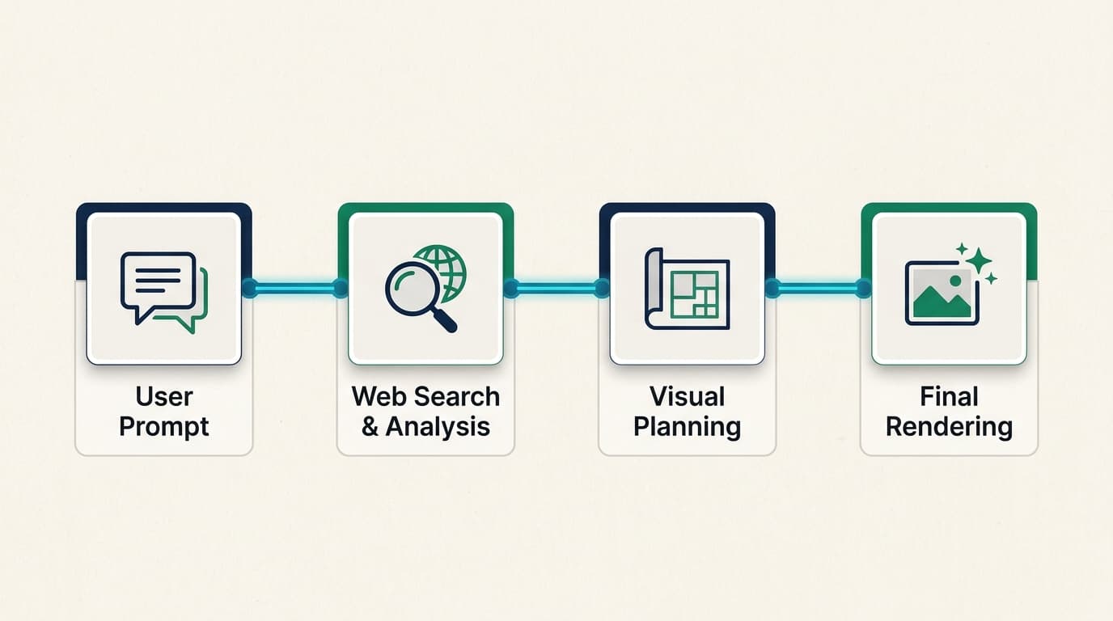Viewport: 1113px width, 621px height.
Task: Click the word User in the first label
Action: tap(164, 396)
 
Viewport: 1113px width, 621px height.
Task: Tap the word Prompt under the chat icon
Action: tap(164, 427)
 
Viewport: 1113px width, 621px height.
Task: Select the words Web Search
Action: tap(425, 396)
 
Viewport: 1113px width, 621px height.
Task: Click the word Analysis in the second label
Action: tap(438, 427)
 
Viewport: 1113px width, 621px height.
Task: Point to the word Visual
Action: tap(688, 396)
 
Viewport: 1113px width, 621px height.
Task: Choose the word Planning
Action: tap(688, 427)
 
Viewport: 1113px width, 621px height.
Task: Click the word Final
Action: tap(949, 396)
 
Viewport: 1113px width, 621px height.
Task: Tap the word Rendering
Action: tap(949, 427)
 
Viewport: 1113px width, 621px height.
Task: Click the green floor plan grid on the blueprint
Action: tap(694, 294)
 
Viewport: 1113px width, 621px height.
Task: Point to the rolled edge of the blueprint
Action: tap(654, 288)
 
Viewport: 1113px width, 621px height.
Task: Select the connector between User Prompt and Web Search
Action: tap(295, 288)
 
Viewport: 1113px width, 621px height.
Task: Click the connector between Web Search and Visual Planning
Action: tap(556, 288)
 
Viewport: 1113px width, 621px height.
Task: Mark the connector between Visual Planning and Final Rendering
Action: tap(818, 288)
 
